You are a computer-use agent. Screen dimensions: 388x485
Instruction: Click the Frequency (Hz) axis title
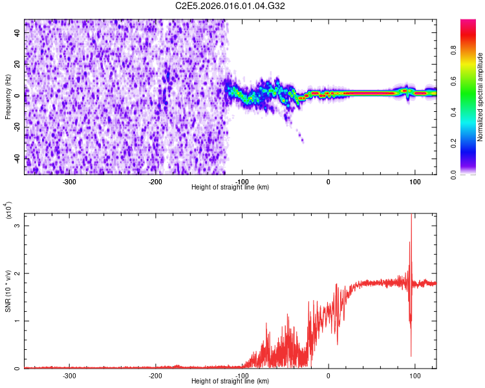point(8,96)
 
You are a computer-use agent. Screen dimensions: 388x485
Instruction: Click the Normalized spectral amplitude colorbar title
point(480,97)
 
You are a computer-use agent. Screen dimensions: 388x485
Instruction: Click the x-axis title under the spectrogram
point(230,187)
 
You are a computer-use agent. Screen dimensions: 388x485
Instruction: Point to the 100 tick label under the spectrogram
point(414,181)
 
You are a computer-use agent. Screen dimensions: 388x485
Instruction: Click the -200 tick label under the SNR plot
point(155,375)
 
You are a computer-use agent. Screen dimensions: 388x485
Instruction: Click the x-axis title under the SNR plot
point(230,381)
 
